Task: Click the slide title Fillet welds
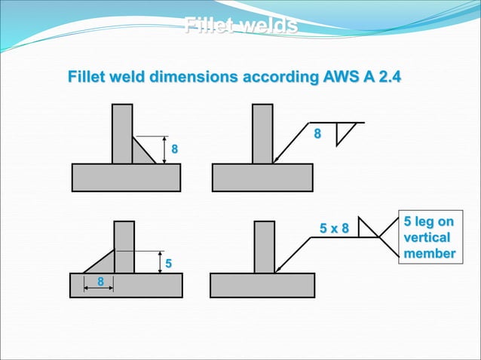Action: click(x=240, y=27)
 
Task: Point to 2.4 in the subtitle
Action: click(x=385, y=77)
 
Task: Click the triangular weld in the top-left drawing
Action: click(x=140, y=153)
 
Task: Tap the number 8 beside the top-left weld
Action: click(x=175, y=150)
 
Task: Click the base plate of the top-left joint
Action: click(x=126, y=177)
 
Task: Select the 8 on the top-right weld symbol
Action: click(x=317, y=134)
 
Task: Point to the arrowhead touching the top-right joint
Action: click(x=277, y=160)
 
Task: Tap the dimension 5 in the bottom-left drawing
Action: click(x=170, y=264)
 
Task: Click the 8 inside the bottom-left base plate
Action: click(x=100, y=281)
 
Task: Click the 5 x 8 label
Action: click(x=335, y=228)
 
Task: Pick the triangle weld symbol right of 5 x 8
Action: click(x=366, y=229)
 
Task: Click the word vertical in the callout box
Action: click(x=427, y=238)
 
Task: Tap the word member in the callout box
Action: click(x=428, y=254)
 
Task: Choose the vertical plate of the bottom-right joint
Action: click(x=265, y=247)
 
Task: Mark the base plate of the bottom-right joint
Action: click(x=262, y=285)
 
